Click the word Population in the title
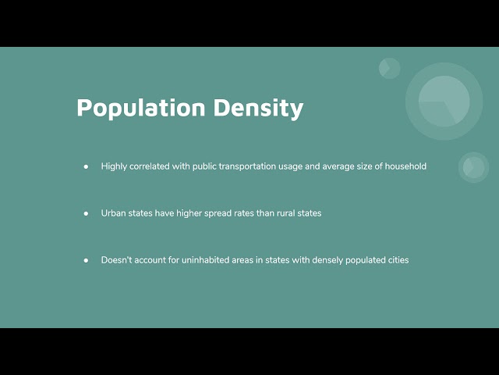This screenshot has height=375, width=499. pyautogui.click(x=141, y=109)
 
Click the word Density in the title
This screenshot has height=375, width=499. pyautogui.click(x=258, y=109)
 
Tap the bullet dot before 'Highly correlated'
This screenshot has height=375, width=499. pyautogui.click(x=86, y=166)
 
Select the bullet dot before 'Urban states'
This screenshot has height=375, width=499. pyautogui.click(x=86, y=213)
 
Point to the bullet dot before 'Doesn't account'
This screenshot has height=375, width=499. pyautogui.click(x=86, y=260)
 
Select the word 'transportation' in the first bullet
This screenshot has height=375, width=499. pyautogui.click(x=247, y=166)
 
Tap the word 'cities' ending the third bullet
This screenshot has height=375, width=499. pyautogui.click(x=398, y=260)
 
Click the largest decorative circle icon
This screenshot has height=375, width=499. pyautogui.click(x=444, y=102)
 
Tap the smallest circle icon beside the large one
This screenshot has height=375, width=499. pyautogui.click(x=390, y=68)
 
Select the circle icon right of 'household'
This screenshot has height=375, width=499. pyautogui.click(x=474, y=167)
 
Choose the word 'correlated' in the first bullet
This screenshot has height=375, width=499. pyautogui.click(x=150, y=166)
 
